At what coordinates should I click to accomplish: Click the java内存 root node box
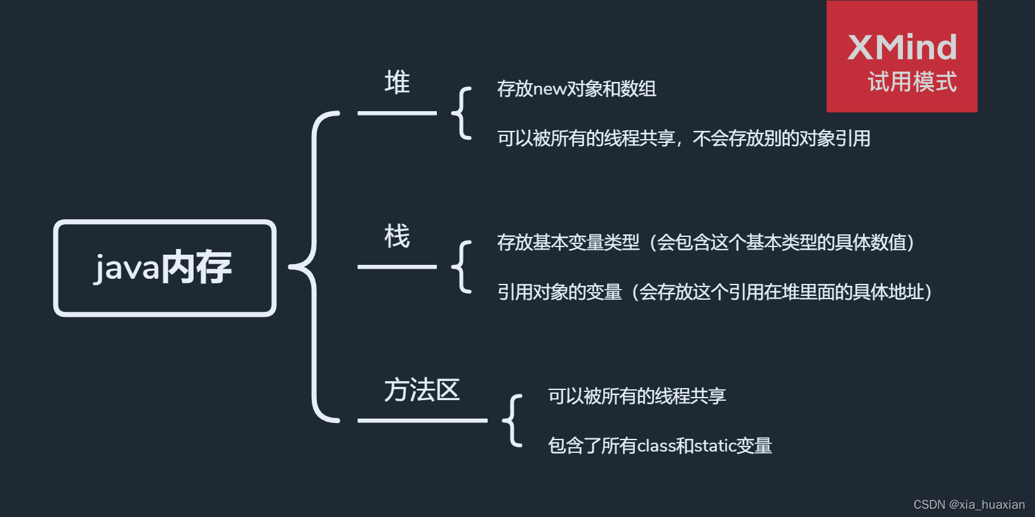[x=165, y=267]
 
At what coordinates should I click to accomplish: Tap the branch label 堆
[x=397, y=83]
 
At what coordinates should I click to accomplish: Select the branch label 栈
[x=397, y=236]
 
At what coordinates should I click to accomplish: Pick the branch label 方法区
[x=422, y=390]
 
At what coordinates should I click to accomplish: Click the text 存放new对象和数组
[x=577, y=89]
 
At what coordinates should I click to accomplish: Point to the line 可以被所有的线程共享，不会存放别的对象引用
[x=683, y=138]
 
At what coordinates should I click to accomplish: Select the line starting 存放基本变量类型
[x=705, y=243]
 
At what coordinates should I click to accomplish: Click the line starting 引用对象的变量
[x=714, y=292]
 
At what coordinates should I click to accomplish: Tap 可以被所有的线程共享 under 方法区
[x=637, y=396]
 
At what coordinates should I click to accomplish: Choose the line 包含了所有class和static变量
[x=660, y=446]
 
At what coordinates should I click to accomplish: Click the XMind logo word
[x=902, y=48]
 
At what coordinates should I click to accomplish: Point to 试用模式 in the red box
[x=912, y=82]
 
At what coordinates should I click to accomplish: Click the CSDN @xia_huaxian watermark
[x=969, y=504]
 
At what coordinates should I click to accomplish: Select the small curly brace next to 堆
[x=462, y=113]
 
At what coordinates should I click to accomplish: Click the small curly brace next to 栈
[x=462, y=267]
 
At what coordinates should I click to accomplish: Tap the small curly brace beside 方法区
[x=513, y=420]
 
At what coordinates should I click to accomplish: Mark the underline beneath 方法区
[x=422, y=420]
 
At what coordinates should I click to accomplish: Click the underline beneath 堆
[x=397, y=113]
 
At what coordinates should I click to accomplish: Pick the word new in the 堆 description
[x=549, y=90]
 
